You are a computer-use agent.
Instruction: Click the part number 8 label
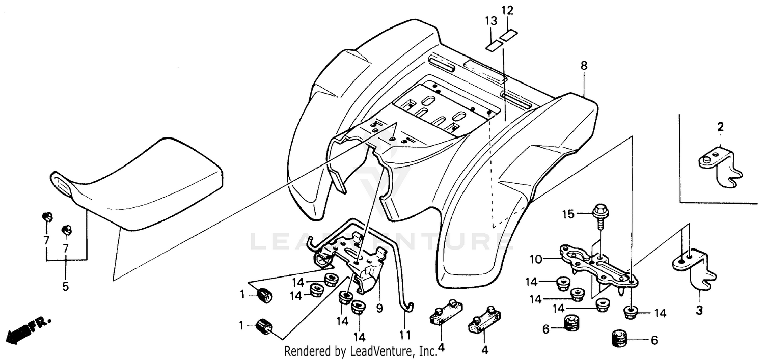[x=584, y=65]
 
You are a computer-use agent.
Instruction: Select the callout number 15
[x=568, y=214]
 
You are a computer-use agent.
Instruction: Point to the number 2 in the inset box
[x=720, y=127]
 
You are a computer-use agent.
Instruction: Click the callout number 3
[x=699, y=310]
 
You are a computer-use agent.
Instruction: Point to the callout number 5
[x=65, y=286]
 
